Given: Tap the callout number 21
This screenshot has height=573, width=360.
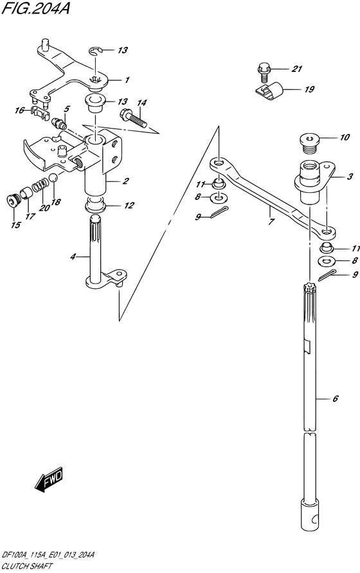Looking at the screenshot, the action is [297, 68].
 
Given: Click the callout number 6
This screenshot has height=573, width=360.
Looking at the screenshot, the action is [336, 398].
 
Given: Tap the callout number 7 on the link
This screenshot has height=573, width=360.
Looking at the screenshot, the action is [271, 221].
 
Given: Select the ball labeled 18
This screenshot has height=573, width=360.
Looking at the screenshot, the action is [53, 178].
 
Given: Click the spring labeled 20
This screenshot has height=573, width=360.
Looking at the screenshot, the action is [40, 185].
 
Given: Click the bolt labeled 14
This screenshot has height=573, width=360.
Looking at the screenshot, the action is [133, 118].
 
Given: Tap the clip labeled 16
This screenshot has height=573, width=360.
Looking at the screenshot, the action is [39, 113].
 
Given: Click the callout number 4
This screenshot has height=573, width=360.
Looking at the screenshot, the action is [73, 257].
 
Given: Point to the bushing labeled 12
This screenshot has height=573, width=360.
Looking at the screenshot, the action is [95, 205].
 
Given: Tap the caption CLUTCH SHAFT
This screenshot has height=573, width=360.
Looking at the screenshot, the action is [27, 566].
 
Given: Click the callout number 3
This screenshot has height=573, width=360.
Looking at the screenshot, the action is [350, 176].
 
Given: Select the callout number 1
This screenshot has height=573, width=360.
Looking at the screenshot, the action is [127, 80].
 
